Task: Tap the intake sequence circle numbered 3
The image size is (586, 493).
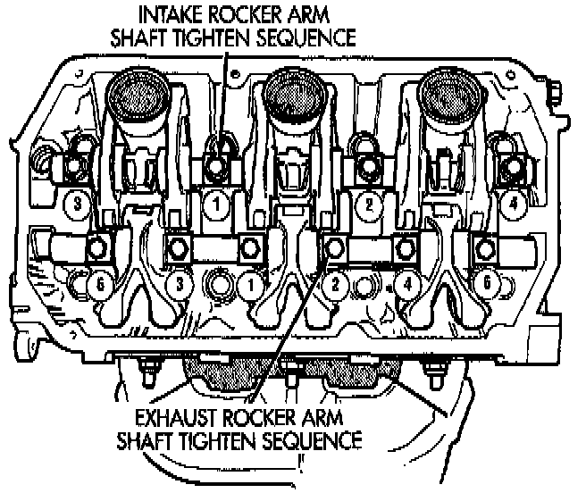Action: click(x=79, y=204)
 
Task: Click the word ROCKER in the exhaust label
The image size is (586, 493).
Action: click(x=260, y=417)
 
